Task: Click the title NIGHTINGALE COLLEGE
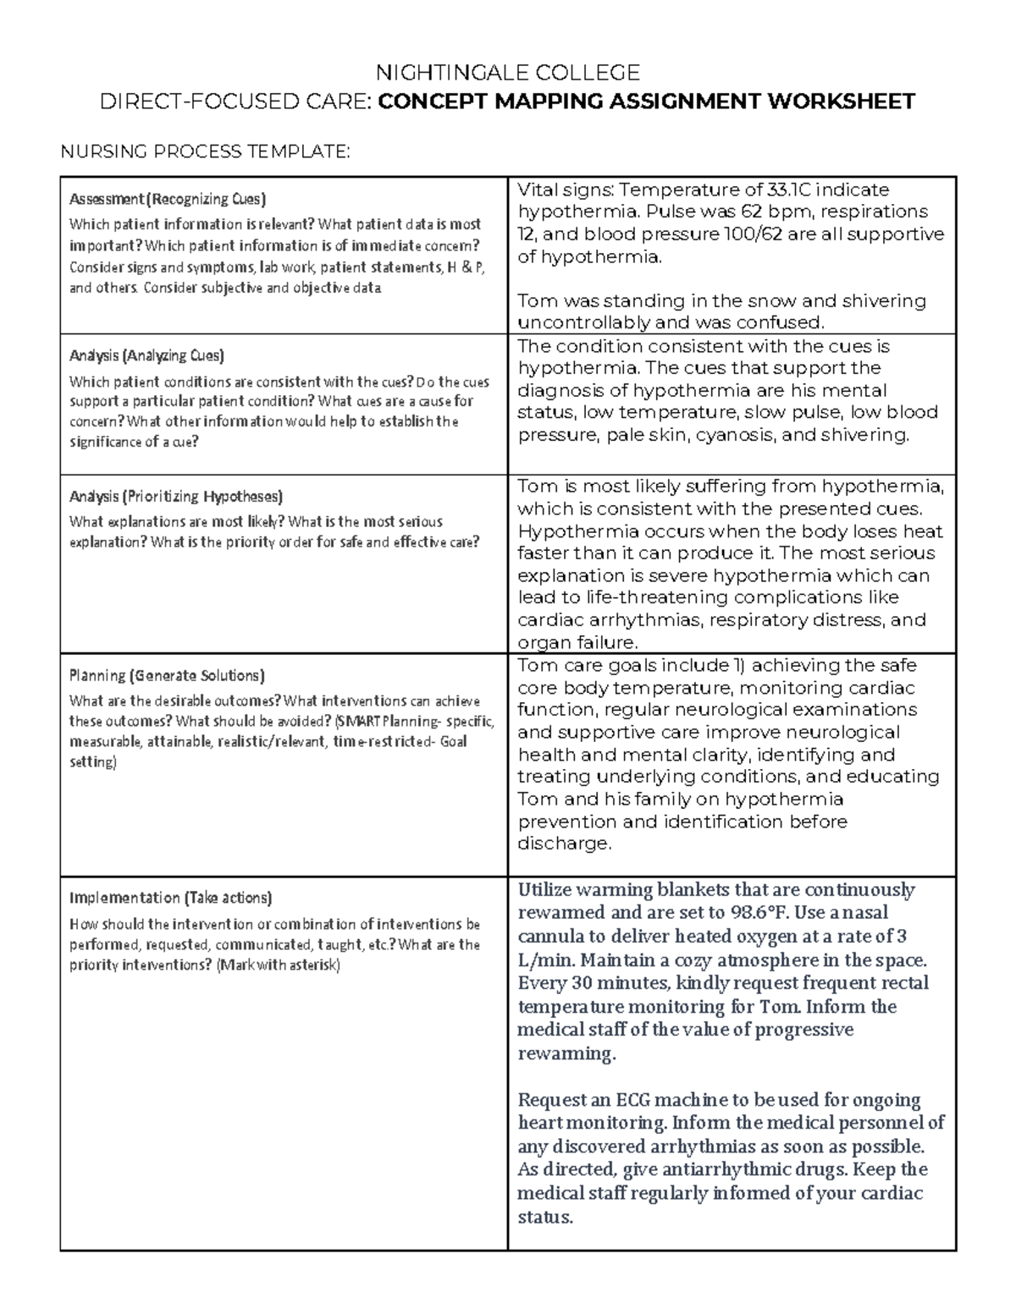pos(508,72)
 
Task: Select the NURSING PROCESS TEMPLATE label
pos(203,151)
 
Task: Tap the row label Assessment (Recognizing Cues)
pos(167,200)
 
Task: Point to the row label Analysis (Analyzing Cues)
pos(146,355)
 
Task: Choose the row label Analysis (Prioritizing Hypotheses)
pos(175,497)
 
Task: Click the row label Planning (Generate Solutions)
pos(167,676)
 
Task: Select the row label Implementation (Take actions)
pos(170,898)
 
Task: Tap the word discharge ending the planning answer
pos(562,844)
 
